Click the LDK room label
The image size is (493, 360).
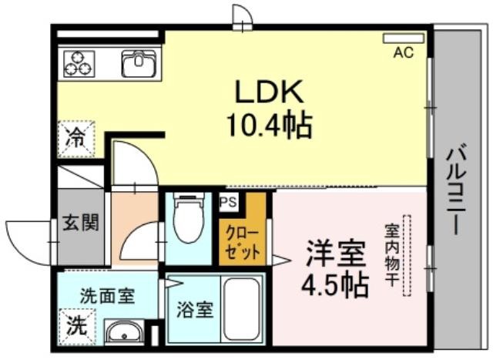(270, 92)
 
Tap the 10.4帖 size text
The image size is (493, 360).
(270, 126)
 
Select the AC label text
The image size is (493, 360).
(404, 52)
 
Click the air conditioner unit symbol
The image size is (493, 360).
(404, 39)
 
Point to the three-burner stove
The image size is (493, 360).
(79, 64)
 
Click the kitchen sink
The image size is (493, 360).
(139, 63)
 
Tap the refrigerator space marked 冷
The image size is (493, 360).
(76, 139)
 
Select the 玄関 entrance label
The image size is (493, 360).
(81, 223)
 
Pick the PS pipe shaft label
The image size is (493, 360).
(228, 202)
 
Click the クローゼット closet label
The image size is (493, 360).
(243, 243)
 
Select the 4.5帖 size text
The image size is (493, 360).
(335, 286)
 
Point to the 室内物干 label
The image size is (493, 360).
(392, 255)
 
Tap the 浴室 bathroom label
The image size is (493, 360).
(195, 309)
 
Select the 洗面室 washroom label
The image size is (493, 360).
(108, 295)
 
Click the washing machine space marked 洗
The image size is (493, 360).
(77, 327)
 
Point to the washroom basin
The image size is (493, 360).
(124, 332)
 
